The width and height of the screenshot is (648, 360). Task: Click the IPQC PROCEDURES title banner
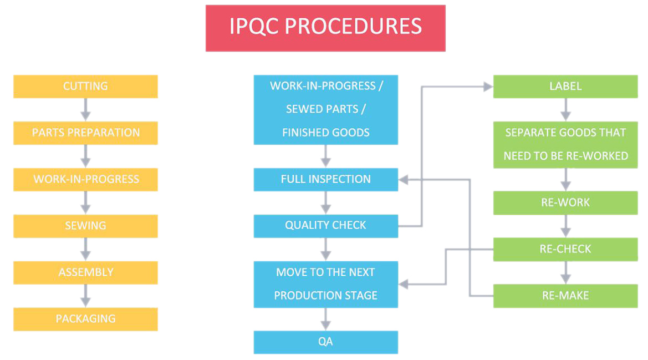click(x=325, y=28)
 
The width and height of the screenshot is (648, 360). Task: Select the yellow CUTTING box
click(x=85, y=87)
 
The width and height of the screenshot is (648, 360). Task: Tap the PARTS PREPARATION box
click(x=85, y=133)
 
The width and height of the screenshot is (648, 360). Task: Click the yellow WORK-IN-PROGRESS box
click(x=85, y=179)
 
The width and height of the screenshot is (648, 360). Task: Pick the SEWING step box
click(x=85, y=226)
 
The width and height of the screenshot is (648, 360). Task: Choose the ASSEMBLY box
click(x=85, y=272)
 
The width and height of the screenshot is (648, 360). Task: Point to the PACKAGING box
click(x=85, y=319)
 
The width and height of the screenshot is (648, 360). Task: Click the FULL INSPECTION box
click(x=325, y=179)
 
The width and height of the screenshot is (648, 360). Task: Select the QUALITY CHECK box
click(x=325, y=226)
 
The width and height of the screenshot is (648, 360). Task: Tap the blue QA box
click(x=325, y=342)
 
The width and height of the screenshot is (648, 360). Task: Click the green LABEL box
click(x=565, y=87)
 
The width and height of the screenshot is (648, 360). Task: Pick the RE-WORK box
click(x=565, y=202)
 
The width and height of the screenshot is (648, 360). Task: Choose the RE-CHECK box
click(x=565, y=249)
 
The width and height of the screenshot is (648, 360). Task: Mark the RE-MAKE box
click(x=565, y=296)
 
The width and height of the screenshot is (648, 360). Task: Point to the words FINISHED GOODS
click(x=325, y=133)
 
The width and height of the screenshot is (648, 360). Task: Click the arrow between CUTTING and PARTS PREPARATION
click(x=85, y=109)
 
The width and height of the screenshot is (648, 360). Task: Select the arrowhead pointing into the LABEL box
click(x=488, y=87)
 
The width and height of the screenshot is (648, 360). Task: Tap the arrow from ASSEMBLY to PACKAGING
click(x=85, y=296)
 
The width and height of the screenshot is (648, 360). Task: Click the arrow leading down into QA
click(x=325, y=319)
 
